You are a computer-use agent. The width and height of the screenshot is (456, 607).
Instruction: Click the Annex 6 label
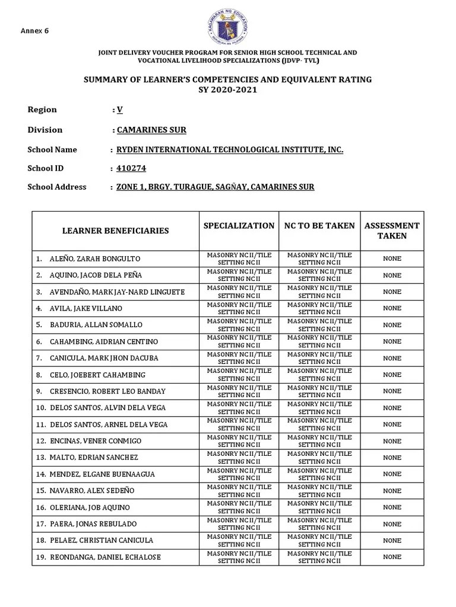pos(35,31)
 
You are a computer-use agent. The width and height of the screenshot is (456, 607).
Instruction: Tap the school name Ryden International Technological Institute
pos(230,149)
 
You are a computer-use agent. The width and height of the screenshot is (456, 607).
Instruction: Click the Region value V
pos(119,110)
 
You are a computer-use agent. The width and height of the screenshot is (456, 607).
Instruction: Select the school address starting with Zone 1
pos(215,187)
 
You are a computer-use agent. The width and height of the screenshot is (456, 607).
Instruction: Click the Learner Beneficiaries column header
pos(116,231)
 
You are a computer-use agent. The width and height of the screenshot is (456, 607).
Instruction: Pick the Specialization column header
pos(239,226)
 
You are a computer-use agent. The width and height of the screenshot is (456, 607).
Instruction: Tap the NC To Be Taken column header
pos(319,226)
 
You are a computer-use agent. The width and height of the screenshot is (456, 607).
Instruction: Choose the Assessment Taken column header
pos(392,231)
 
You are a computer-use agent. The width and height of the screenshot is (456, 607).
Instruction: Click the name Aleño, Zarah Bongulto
pos(95,259)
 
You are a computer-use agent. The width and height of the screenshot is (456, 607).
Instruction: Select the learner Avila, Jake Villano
pos(87,308)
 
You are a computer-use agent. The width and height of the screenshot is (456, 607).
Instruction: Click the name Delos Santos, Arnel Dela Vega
pos(109,424)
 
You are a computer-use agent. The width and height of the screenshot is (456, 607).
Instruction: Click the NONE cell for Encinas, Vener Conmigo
pos(392,441)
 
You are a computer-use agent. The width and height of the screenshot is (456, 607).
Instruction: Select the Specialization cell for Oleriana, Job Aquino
pos(239,507)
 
